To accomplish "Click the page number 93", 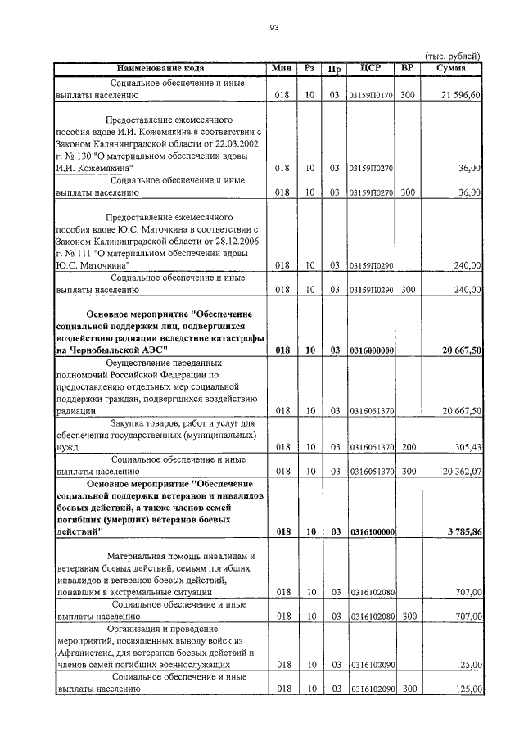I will [x=274, y=28].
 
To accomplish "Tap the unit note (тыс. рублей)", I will [x=452, y=55].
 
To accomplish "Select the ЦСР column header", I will [x=373, y=68].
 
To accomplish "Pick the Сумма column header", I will [x=451, y=68].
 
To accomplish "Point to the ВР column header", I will [x=408, y=68].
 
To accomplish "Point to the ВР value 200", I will [x=408, y=448].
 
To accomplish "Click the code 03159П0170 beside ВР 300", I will [x=373, y=96].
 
